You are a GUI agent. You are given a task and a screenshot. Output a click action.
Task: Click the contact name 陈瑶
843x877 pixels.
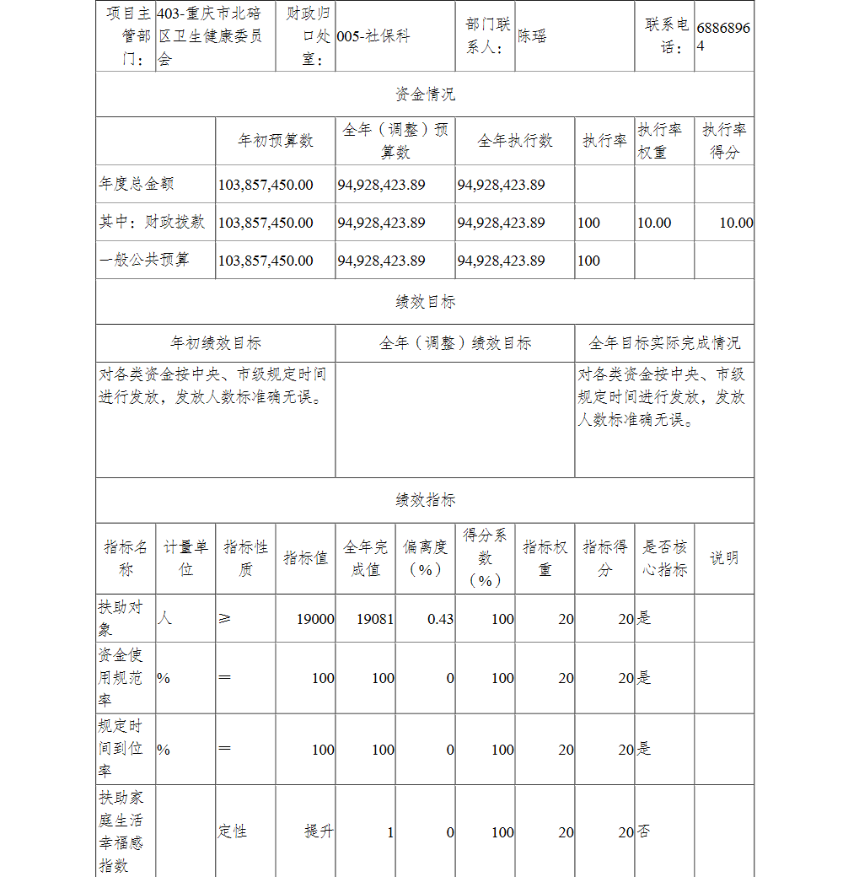(531, 36)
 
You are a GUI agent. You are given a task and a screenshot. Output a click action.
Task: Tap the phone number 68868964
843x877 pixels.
(723, 36)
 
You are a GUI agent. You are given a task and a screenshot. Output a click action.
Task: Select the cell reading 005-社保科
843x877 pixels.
(373, 37)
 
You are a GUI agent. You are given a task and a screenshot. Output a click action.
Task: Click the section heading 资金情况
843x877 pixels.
(425, 94)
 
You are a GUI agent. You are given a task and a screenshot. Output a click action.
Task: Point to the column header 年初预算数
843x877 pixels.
(275, 141)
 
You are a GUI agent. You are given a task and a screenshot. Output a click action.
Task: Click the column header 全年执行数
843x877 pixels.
(515, 141)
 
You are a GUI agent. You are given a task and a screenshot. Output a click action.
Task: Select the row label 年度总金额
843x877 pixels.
(137, 184)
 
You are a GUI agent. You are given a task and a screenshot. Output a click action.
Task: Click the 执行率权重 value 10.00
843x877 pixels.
(654, 223)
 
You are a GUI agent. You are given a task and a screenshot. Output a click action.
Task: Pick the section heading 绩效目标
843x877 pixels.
(425, 301)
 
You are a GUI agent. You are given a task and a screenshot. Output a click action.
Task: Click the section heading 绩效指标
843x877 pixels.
(425, 500)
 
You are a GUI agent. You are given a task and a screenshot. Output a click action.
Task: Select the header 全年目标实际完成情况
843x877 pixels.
(664, 343)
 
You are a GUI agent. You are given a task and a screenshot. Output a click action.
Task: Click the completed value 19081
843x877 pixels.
(375, 619)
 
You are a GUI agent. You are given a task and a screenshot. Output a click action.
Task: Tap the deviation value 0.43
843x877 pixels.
(440, 619)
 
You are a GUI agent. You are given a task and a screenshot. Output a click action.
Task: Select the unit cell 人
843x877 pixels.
(164, 618)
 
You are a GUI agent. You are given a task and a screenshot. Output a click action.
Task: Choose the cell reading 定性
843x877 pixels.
(233, 831)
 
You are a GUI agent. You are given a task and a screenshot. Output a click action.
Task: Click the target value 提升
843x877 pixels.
(319, 831)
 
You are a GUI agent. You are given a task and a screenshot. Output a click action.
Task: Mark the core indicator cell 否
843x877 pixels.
(643, 831)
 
